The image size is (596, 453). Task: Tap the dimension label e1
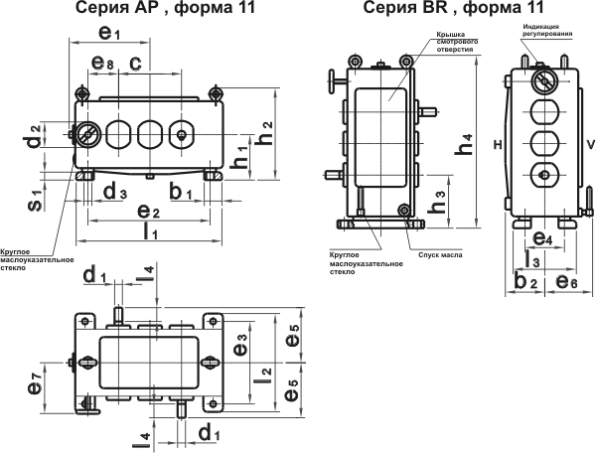tap(108, 35)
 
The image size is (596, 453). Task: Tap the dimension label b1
tap(182, 189)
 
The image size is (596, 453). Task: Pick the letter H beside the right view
tap(494, 144)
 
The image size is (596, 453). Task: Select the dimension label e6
tap(568, 282)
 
